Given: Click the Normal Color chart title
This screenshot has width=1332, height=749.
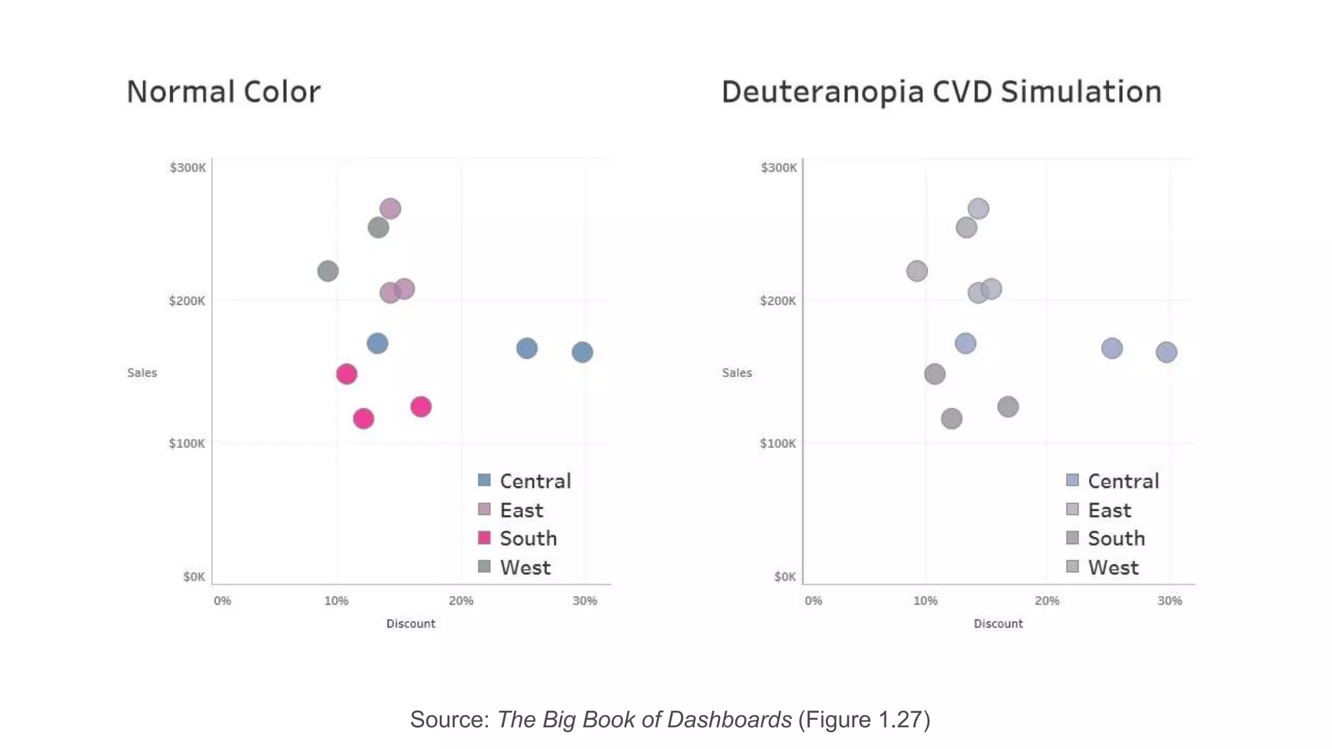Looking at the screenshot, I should coord(223,92).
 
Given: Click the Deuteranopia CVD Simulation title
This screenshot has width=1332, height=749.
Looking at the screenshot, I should coord(941,92).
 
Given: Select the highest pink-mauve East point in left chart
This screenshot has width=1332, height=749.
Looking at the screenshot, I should coord(390,209).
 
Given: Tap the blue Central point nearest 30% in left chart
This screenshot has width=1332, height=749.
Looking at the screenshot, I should coord(582,352).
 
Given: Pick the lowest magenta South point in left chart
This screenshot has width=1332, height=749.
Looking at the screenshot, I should coord(364,419).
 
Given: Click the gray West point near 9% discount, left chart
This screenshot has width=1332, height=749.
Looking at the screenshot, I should coord(328,271).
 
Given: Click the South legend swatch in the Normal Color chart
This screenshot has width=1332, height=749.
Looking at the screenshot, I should coord(484,538).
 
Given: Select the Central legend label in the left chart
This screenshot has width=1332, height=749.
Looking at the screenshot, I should coord(535,481).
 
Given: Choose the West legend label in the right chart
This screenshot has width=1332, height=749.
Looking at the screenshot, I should coord(1113,568).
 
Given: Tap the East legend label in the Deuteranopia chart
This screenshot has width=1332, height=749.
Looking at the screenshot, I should coord(1110,510).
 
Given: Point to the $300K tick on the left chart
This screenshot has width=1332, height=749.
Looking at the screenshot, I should coord(187,168).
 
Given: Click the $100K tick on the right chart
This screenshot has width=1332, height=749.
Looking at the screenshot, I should coord(778,443).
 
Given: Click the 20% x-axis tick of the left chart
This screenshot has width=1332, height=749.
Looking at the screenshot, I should coord(461,601).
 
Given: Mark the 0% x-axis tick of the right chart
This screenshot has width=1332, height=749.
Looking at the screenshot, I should coord(813,601).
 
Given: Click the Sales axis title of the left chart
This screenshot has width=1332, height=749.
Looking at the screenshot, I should coord(142,373).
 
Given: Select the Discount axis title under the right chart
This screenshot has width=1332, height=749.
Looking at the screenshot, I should coord(998,624).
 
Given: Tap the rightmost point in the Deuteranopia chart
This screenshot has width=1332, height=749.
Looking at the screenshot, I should coord(1166,352).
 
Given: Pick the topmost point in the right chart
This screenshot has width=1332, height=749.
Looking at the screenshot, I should coord(978,209).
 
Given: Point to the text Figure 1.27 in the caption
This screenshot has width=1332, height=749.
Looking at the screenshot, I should coord(864,720).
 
